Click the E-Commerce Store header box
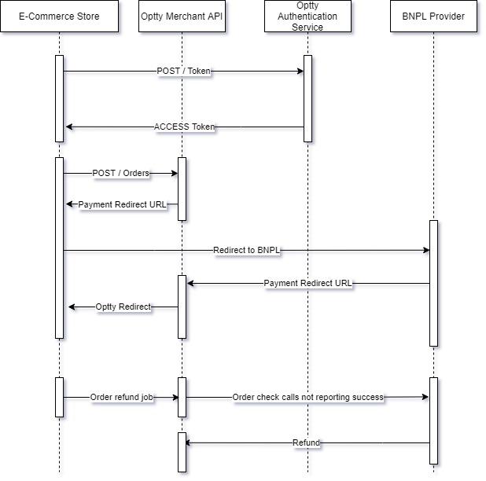coord(59,17)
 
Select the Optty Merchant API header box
coord(182,17)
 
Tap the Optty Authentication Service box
coord(307,17)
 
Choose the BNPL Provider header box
coord(433,17)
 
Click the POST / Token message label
coord(183,72)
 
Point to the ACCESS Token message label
coord(184,127)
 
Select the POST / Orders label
coord(120,173)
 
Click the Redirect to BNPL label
coord(247,251)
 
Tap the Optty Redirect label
coord(123,307)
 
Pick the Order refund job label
coord(121,398)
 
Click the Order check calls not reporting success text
coord(307,398)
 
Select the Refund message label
coord(306,443)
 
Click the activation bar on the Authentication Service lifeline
coord(307,98)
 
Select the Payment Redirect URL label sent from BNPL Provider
coord(308,283)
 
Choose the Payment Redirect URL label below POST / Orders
coord(123,204)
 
